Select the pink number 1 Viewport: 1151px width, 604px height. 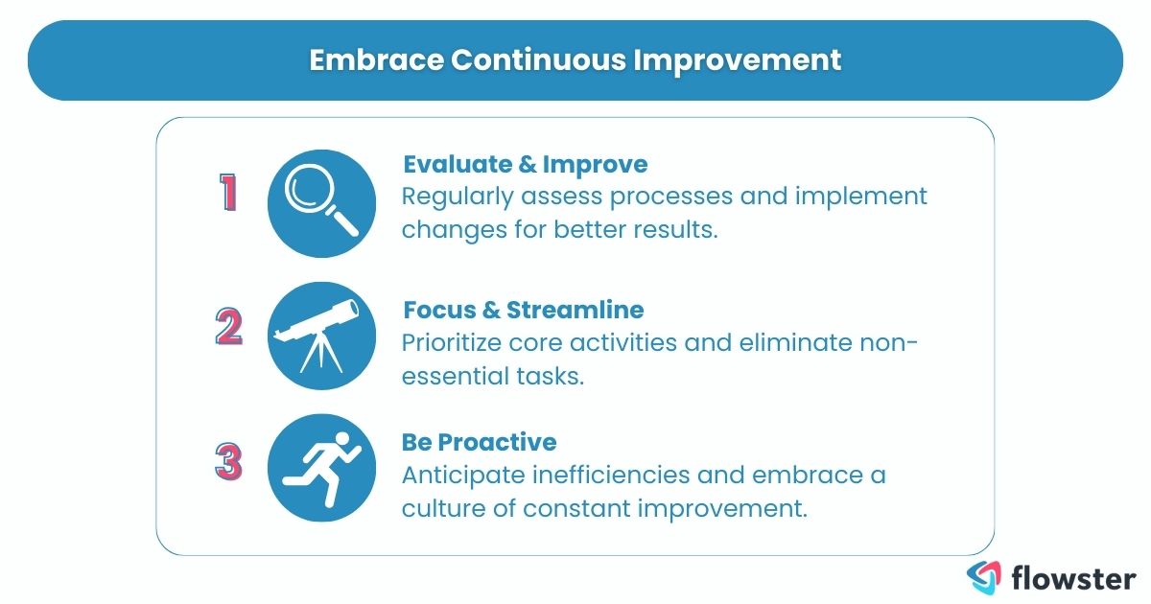point(228,192)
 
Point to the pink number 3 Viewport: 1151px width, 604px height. point(228,461)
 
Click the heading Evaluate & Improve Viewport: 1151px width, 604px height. point(525,164)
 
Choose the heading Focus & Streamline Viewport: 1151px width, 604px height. point(523,310)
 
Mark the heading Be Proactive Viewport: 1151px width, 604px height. point(479,442)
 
